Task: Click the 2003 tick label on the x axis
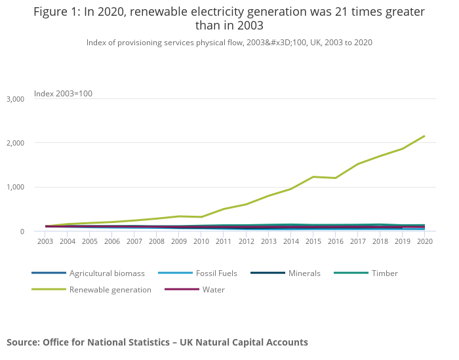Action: coord(45,241)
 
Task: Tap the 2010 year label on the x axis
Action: coord(201,241)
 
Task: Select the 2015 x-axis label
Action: coord(313,241)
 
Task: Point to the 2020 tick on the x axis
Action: coord(424,241)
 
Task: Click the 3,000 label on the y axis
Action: coord(15,99)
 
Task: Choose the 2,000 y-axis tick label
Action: coord(15,143)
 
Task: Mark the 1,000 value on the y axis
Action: coord(15,187)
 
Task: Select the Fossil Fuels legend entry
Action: coord(216,273)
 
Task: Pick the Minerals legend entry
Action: coord(304,273)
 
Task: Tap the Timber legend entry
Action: coord(384,273)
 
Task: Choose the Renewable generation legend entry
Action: coord(110,289)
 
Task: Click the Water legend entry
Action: coord(214,289)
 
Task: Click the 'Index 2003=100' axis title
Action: coord(63,94)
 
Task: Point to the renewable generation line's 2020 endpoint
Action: coord(424,136)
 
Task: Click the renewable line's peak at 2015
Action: coord(313,176)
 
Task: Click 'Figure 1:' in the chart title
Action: coord(55,12)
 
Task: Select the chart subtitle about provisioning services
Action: coord(229,42)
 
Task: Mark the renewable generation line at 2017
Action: coord(357,164)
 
